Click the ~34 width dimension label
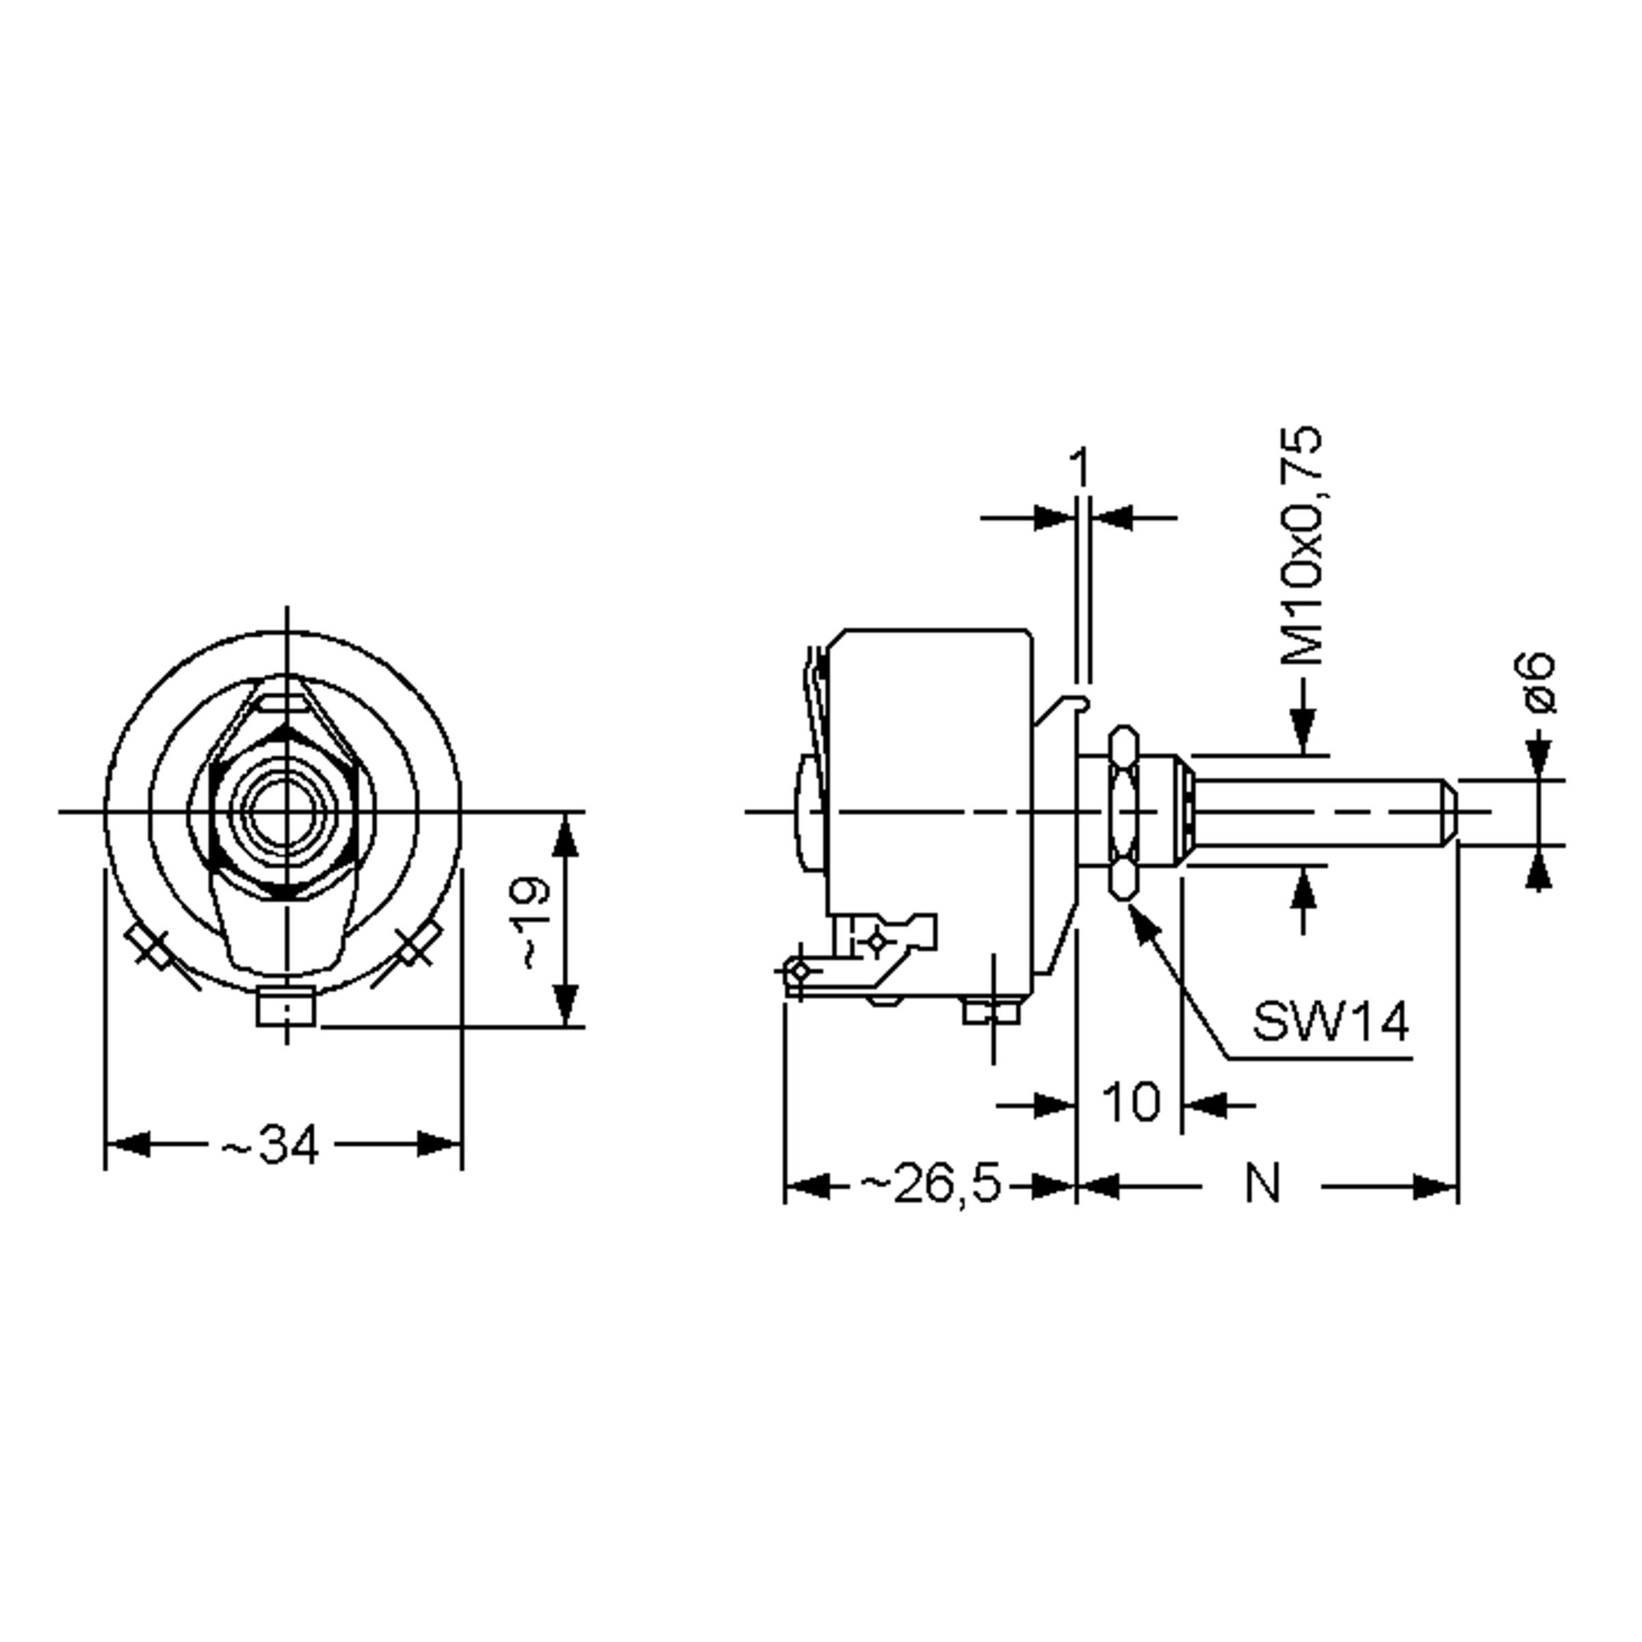[x=270, y=1144]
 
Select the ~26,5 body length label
[x=930, y=1185]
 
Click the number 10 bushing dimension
[x=1130, y=1103]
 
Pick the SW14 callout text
[x=1330, y=1021]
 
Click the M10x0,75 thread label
[x=1301, y=545]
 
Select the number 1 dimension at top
[x=1080, y=468]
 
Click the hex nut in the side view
[x=1123, y=811]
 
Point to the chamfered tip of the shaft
[x=1450, y=811]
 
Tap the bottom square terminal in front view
[x=285, y=1008]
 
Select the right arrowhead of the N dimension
[x=1436, y=1186]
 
